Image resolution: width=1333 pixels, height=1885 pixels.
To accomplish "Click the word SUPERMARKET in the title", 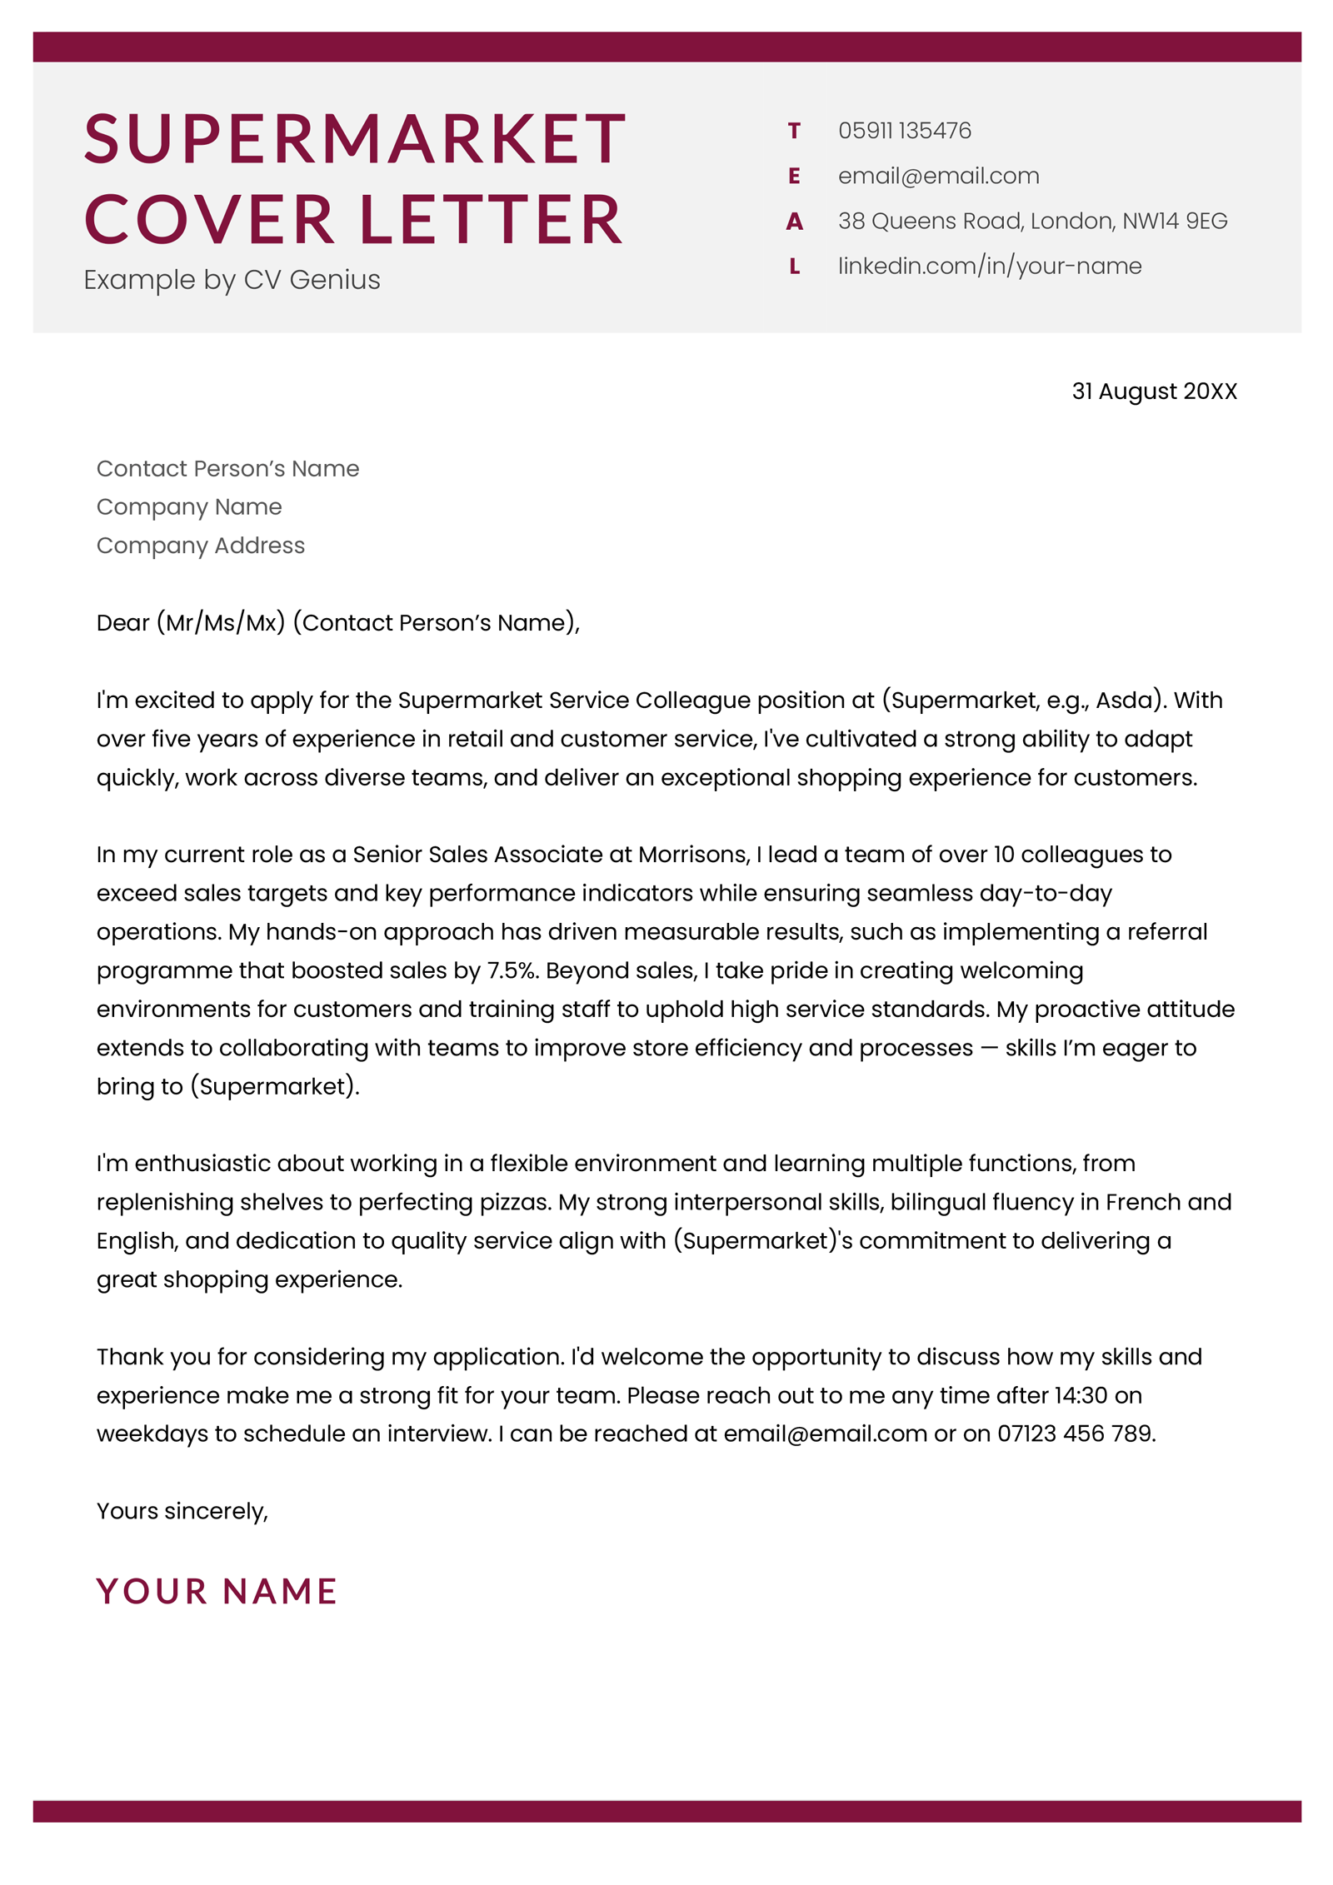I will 354,139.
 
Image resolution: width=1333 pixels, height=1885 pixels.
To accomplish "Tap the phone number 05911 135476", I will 904,131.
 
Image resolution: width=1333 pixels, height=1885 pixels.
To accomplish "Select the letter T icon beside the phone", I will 794,131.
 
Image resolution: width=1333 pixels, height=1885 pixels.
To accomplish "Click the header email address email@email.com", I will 938,176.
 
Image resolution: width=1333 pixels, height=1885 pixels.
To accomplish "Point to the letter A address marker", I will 794,222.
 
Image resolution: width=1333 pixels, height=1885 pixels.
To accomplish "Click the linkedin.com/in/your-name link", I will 989,266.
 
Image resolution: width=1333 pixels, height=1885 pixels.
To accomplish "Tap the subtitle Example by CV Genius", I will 232,280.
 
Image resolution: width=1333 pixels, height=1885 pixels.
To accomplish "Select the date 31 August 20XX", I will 1153,391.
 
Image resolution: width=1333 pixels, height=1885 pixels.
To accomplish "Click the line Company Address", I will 201,546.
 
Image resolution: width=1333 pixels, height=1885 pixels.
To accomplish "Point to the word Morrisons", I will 693,855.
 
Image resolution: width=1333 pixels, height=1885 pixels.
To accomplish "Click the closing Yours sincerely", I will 182,1511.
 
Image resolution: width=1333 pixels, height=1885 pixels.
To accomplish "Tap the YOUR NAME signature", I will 217,1591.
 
